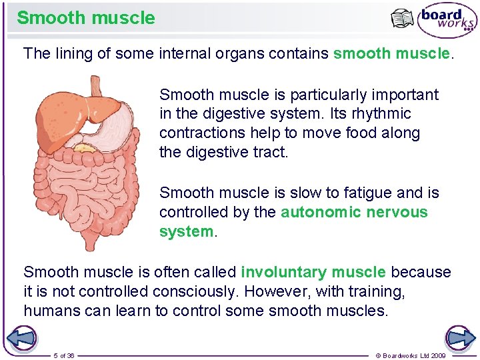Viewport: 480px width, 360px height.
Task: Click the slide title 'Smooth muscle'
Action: pyautogui.click(x=86, y=17)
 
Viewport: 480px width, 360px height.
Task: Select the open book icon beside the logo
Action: pyautogui.click(x=402, y=19)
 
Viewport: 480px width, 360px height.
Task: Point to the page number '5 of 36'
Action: pyautogui.click(x=64, y=355)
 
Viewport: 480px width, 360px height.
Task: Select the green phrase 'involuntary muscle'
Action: pyautogui.click(x=313, y=272)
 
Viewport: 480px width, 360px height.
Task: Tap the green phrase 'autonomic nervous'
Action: pyautogui.click(x=354, y=212)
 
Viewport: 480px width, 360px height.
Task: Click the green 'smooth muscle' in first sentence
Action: pyautogui.click(x=391, y=53)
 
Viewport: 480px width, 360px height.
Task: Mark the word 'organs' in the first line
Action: pyautogui.click(x=240, y=53)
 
